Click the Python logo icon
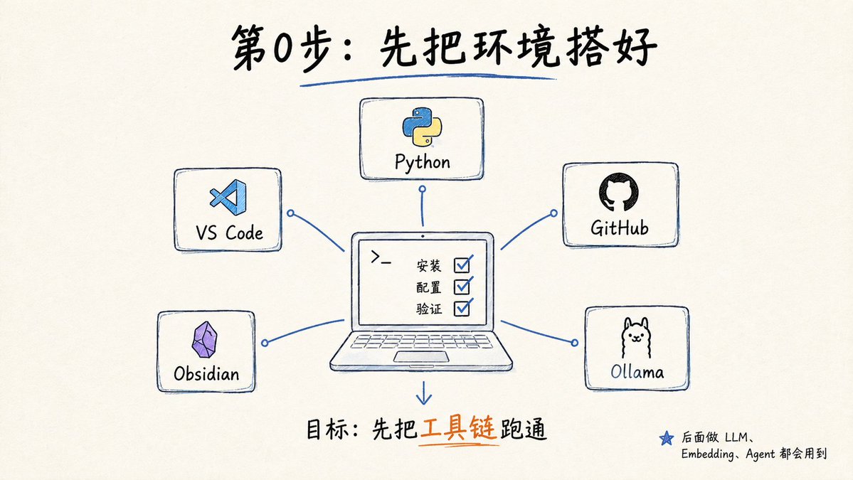point(422,127)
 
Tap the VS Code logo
point(228,197)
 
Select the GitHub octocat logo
point(618,193)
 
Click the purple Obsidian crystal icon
point(205,340)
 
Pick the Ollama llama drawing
point(636,338)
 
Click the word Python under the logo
point(422,163)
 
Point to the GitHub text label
point(620,228)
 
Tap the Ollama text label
point(637,372)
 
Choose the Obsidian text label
point(207,373)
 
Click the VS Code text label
point(229,233)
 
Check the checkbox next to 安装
point(462,265)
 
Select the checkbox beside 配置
point(462,285)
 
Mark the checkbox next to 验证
point(462,307)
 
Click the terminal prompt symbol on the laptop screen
point(381,257)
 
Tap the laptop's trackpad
point(421,356)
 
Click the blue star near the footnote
point(667,438)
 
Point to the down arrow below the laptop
point(424,393)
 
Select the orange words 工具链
point(459,430)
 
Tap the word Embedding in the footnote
point(706,454)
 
